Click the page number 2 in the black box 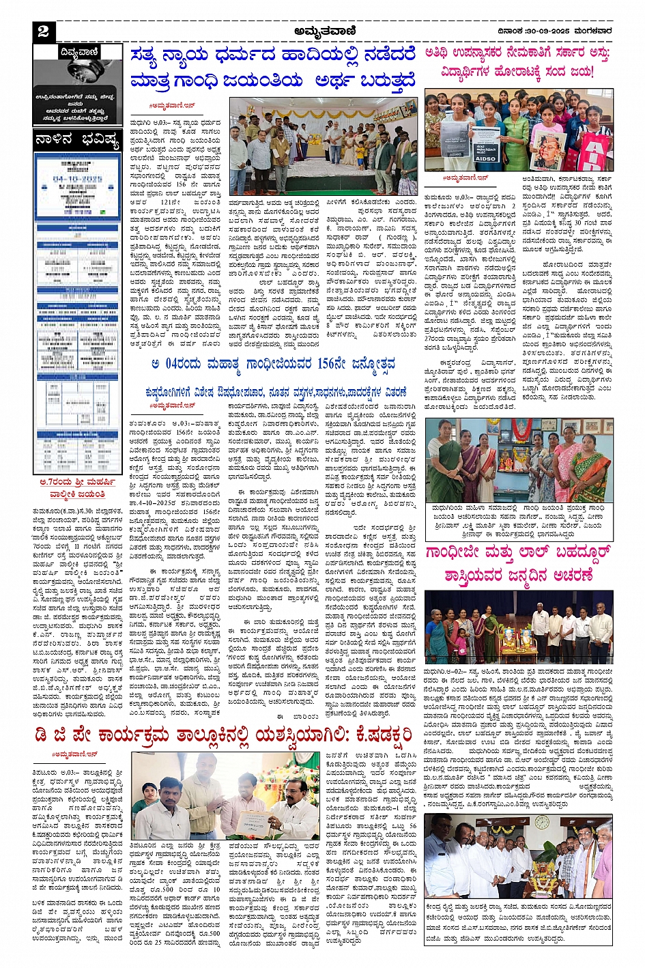(x=43, y=31)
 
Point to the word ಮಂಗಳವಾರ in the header (x=592, y=31)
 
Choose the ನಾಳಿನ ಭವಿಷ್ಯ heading (x=76, y=140)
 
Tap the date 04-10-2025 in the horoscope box (x=76, y=180)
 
